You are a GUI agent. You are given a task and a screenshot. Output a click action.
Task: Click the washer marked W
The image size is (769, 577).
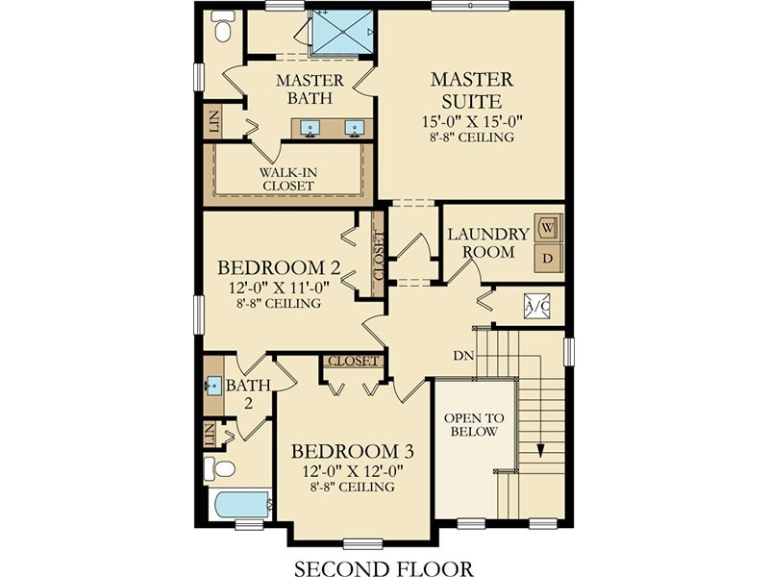point(548,228)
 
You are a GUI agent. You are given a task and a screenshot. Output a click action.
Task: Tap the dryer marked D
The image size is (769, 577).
point(548,258)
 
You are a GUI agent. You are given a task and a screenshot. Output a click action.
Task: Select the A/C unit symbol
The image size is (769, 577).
point(537,306)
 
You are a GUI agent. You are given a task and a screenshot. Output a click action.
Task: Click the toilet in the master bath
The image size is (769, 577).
point(221,26)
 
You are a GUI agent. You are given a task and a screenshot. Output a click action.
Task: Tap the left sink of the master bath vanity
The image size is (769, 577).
point(310,129)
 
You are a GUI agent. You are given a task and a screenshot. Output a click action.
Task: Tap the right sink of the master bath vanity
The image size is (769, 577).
point(354,129)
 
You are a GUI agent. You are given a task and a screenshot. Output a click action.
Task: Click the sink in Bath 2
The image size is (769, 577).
point(213,386)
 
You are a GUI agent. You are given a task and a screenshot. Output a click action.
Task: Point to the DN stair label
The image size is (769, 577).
point(463,356)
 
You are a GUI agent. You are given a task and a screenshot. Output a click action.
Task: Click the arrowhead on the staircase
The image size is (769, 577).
point(540,451)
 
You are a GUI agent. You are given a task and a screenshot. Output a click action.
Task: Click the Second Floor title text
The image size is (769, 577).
point(384,568)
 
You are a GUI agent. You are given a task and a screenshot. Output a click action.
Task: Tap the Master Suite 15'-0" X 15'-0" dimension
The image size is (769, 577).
point(472,121)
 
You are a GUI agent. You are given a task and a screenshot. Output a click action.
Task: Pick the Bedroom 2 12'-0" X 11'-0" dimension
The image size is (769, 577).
point(279,287)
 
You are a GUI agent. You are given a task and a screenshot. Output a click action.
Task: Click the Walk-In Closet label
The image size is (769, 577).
point(287,179)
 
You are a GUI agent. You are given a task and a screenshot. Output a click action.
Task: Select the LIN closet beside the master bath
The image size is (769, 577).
point(214,122)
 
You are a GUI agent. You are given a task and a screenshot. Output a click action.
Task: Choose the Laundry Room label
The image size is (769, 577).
point(488,243)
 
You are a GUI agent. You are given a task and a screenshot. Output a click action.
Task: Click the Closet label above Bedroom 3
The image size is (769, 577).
point(353,362)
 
